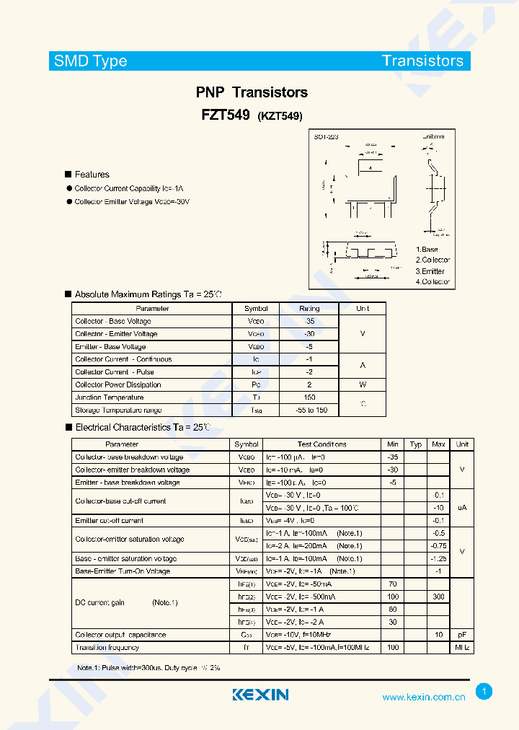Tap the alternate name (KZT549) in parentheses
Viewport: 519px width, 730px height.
(280, 116)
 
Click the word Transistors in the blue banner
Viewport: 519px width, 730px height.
(422, 61)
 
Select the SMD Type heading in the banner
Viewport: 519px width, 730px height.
(91, 61)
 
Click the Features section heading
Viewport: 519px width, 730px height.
(92, 175)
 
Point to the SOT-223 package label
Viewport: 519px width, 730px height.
(326, 136)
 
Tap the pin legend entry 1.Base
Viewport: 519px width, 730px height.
(427, 250)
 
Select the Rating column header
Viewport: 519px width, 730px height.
(309, 309)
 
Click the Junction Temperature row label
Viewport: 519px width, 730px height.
(109, 397)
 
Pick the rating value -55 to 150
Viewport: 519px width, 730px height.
(309, 410)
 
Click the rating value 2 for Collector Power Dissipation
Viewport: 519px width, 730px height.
(309, 384)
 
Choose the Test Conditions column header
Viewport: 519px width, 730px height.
(321, 444)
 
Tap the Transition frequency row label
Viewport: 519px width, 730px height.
(107, 648)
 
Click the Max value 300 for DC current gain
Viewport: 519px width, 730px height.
(438, 597)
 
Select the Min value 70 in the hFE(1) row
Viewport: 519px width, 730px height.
(392, 584)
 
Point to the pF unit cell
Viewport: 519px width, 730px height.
(462, 635)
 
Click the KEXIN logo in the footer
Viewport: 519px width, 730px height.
(260, 695)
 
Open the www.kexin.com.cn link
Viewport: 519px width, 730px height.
(423, 697)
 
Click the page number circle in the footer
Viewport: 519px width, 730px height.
(484, 692)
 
